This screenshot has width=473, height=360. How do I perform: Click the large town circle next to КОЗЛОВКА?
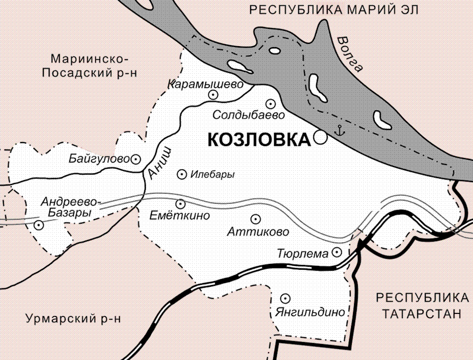click(x=320, y=138)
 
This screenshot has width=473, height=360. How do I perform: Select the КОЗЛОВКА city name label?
click(x=259, y=140)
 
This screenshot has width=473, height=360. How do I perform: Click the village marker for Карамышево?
click(x=212, y=96)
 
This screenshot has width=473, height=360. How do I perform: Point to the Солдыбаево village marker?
click(x=270, y=103)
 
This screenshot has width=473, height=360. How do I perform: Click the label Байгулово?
click(x=99, y=159)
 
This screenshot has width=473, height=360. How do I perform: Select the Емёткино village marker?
click(x=180, y=204)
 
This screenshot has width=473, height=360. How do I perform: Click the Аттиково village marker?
click(x=255, y=219)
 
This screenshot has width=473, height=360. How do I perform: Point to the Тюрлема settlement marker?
click(x=337, y=252)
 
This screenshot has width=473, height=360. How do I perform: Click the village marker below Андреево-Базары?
click(x=38, y=224)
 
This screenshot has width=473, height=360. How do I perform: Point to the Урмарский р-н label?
click(x=72, y=319)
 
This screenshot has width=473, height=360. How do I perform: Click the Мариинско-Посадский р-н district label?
click(x=89, y=66)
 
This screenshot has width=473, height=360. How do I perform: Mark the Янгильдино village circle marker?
click(x=286, y=298)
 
